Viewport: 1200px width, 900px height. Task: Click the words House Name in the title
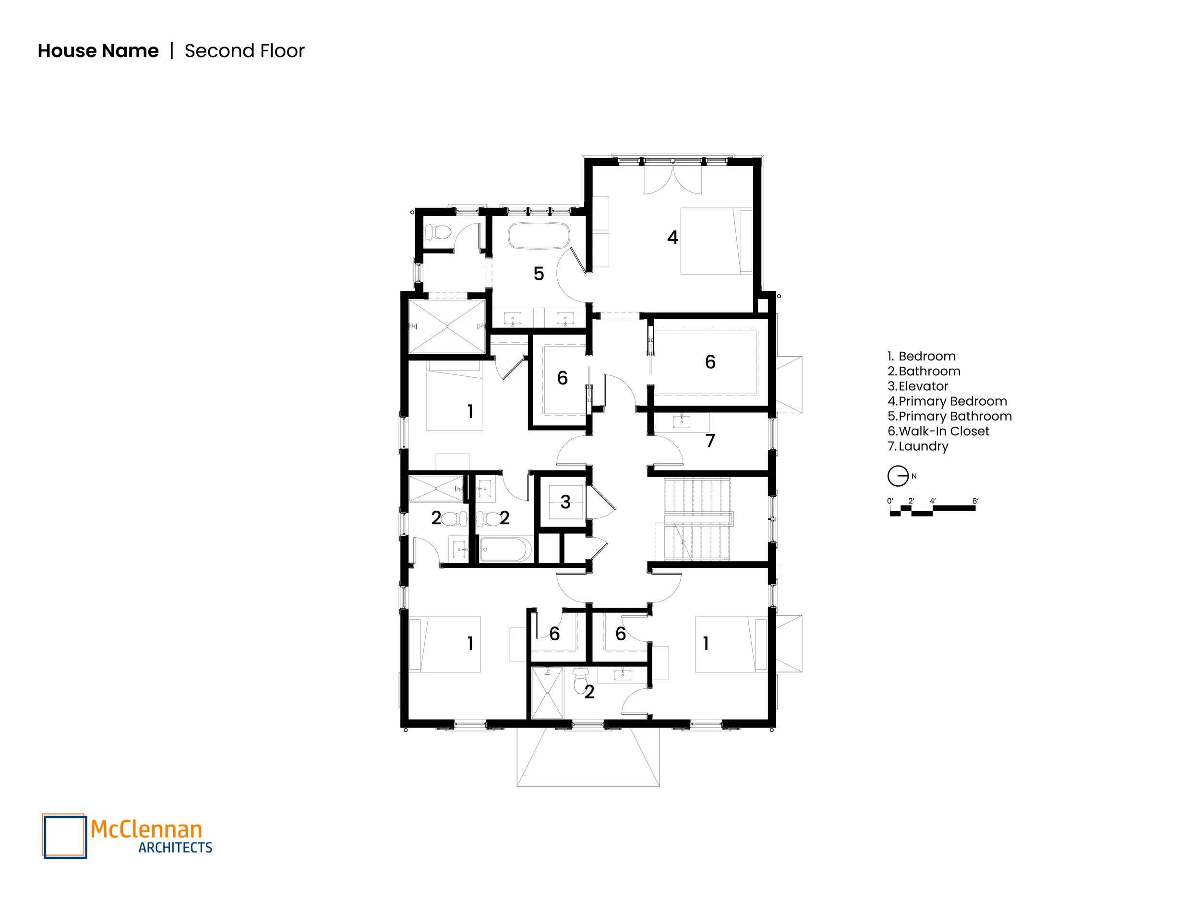(x=98, y=51)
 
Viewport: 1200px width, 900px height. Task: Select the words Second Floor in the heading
(x=244, y=51)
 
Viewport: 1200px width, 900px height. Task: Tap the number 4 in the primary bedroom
(x=672, y=237)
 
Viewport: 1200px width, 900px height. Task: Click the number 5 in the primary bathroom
(x=539, y=274)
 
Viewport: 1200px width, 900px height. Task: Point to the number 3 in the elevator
(x=565, y=502)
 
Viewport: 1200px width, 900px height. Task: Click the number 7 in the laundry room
(x=710, y=441)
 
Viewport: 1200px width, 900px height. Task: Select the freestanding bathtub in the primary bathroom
(x=539, y=236)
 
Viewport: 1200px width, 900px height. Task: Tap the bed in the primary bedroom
(x=716, y=240)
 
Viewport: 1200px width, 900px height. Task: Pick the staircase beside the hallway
(x=697, y=519)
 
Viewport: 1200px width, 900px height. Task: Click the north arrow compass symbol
(x=898, y=476)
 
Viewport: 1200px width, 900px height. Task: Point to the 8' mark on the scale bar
(x=975, y=501)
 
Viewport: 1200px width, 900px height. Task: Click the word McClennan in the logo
(x=146, y=829)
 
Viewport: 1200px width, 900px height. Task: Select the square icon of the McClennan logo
(x=64, y=836)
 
